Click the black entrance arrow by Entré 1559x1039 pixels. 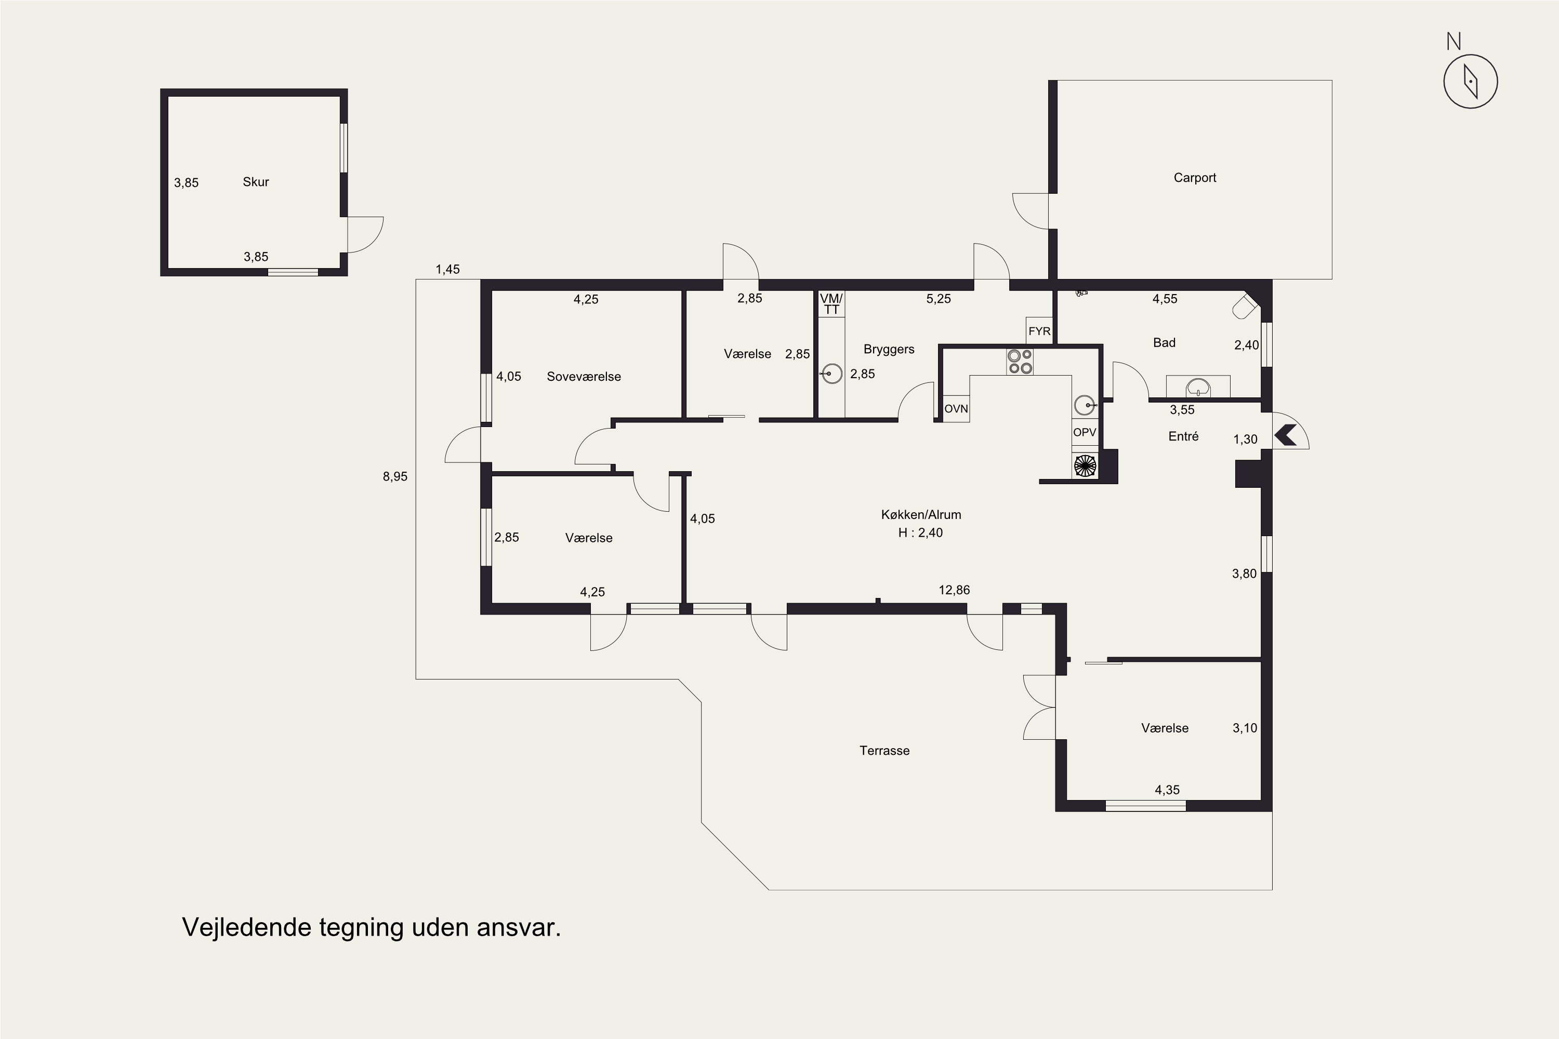click(1285, 435)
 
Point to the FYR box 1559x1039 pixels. click(1039, 330)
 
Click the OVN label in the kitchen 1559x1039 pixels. click(956, 409)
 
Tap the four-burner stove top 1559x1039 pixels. click(1020, 362)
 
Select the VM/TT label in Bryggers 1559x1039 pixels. click(831, 304)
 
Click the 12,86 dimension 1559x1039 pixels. click(954, 590)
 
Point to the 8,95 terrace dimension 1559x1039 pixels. click(395, 476)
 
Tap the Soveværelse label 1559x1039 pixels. click(584, 376)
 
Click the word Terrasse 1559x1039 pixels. click(884, 751)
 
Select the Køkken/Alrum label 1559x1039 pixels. click(921, 515)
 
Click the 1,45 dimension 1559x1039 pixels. click(447, 269)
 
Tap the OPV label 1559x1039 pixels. click(1085, 432)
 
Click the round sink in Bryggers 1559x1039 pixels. click(831, 374)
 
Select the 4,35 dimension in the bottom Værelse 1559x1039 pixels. click(1167, 790)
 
